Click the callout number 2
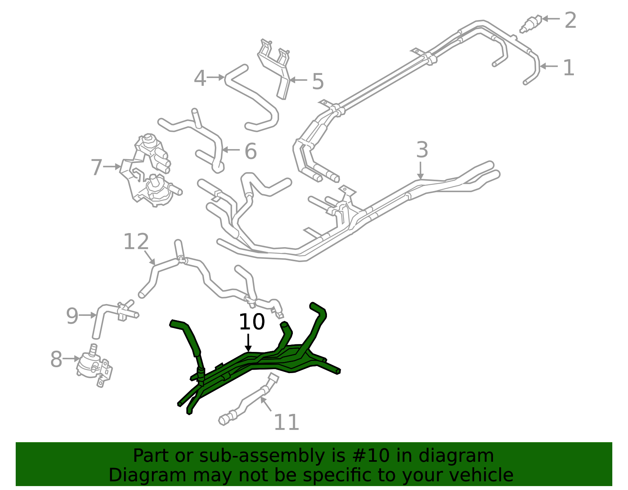click(x=570, y=20)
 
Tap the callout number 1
click(x=569, y=68)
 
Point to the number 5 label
click(x=318, y=82)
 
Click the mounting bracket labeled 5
click(x=274, y=68)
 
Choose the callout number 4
click(x=200, y=78)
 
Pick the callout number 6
click(x=250, y=151)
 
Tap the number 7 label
click(x=96, y=168)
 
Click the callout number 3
click(x=422, y=149)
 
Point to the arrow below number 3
click(x=420, y=170)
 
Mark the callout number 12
click(x=136, y=242)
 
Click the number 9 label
click(x=72, y=316)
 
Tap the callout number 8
click(x=56, y=359)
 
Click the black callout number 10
click(x=252, y=322)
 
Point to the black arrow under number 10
click(x=248, y=343)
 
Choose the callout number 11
click(x=286, y=423)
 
